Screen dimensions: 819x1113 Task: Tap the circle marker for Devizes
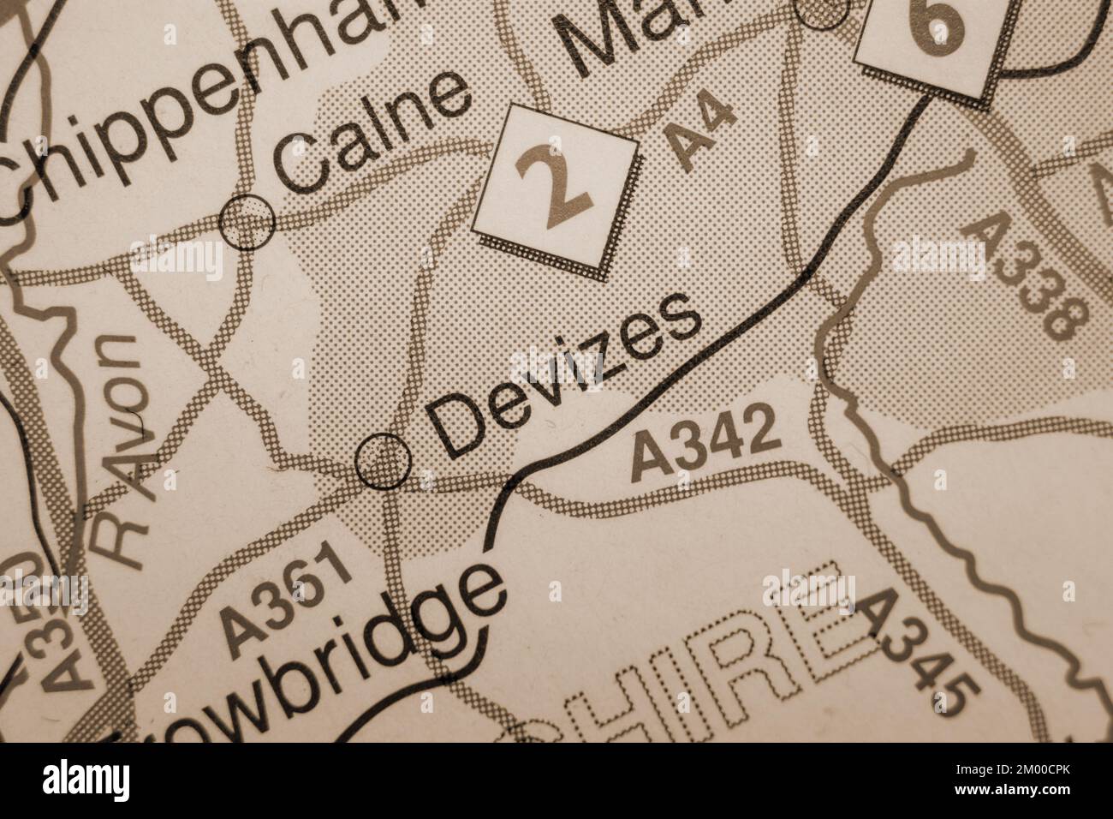[x=383, y=461]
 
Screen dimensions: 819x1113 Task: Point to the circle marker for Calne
[x=247, y=222]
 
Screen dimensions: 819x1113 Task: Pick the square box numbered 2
[x=556, y=189]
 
